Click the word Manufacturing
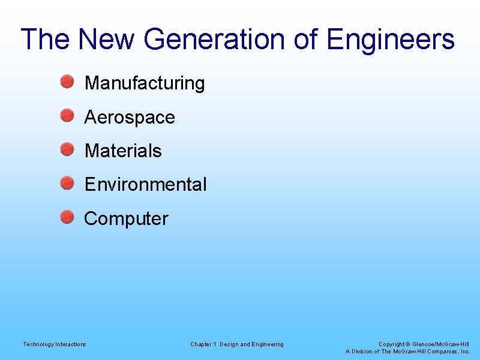click(145, 83)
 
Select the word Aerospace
click(130, 117)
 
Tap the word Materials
click(123, 151)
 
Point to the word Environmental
click(145, 184)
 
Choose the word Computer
click(126, 218)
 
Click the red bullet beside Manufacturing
click(67, 82)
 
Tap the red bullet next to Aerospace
click(67, 115)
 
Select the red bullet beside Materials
click(67, 149)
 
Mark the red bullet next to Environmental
click(67, 182)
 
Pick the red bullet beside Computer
click(67, 217)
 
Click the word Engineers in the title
click(391, 40)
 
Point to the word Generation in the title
click(215, 40)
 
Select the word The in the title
click(46, 40)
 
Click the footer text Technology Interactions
click(55, 344)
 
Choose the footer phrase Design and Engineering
click(251, 344)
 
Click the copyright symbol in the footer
click(408, 344)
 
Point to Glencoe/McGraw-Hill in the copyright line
click(442, 344)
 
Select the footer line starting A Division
click(408, 351)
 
